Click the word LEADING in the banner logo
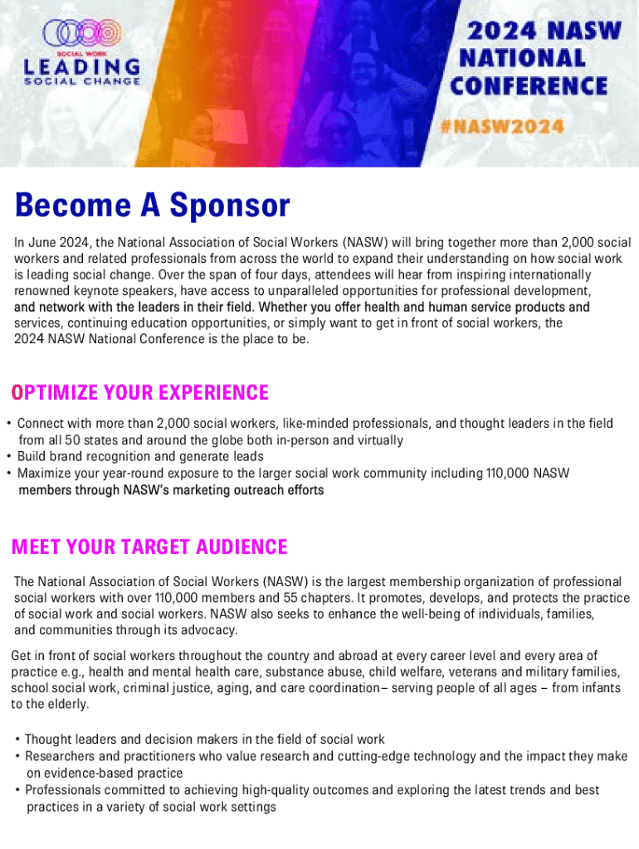[x=82, y=66]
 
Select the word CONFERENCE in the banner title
[x=529, y=86]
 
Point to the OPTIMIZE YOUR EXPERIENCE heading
[x=139, y=392]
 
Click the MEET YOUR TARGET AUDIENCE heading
[x=149, y=547]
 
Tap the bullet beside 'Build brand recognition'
[x=8, y=457]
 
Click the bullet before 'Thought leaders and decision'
[x=17, y=740]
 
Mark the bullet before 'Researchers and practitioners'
[x=17, y=756]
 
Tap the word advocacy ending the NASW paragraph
[x=211, y=630]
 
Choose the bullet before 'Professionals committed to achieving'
[x=17, y=790]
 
